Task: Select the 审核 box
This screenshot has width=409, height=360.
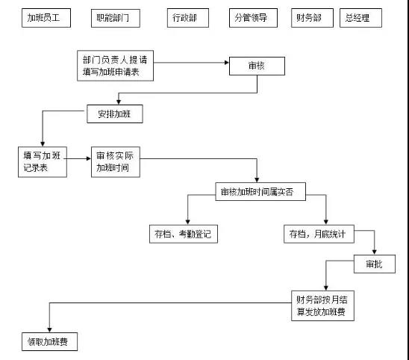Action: [257, 66]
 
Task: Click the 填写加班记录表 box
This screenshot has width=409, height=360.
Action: [43, 161]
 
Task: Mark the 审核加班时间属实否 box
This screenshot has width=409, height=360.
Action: [257, 192]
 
